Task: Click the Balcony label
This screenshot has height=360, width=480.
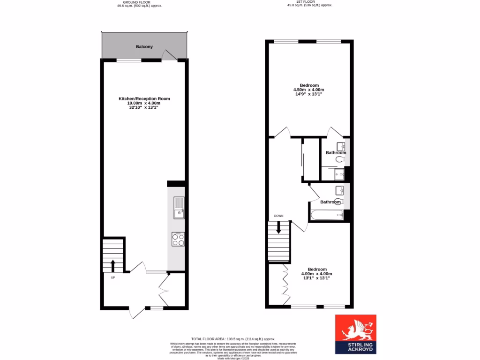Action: pyautogui.click(x=144, y=47)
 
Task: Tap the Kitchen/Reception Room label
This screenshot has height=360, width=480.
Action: pyautogui.click(x=144, y=99)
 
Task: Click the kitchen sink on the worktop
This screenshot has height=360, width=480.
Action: pyautogui.click(x=179, y=207)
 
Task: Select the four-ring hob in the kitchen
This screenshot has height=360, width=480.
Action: pyautogui.click(x=178, y=240)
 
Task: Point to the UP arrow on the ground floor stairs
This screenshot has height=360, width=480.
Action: pyautogui.click(x=113, y=266)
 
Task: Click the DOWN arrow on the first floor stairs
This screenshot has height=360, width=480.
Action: pyautogui.click(x=278, y=229)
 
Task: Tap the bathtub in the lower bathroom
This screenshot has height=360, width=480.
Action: pyautogui.click(x=326, y=216)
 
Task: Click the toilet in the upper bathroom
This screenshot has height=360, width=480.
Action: pyautogui.click(x=341, y=160)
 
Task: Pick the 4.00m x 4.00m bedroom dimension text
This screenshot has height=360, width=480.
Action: pyautogui.click(x=316, y=274)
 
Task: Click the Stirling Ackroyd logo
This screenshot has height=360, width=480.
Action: pyautogui.click(x=355, y=334)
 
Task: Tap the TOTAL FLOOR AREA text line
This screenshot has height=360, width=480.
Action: pyautogui.click(x=233, y=339)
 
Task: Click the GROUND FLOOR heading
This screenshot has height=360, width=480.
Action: pyautogui.click(x=139, y=2)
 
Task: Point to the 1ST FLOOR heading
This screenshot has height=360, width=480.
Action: pyautogui.click(x=310, y=2)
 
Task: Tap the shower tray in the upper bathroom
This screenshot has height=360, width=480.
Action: pyautogui.click(x=339, y=174)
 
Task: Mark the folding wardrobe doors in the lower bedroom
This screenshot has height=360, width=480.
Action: pyautogui.click(x=285, y=280)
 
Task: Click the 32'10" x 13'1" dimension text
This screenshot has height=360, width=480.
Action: pyautogui.click(x=144, y=107)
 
